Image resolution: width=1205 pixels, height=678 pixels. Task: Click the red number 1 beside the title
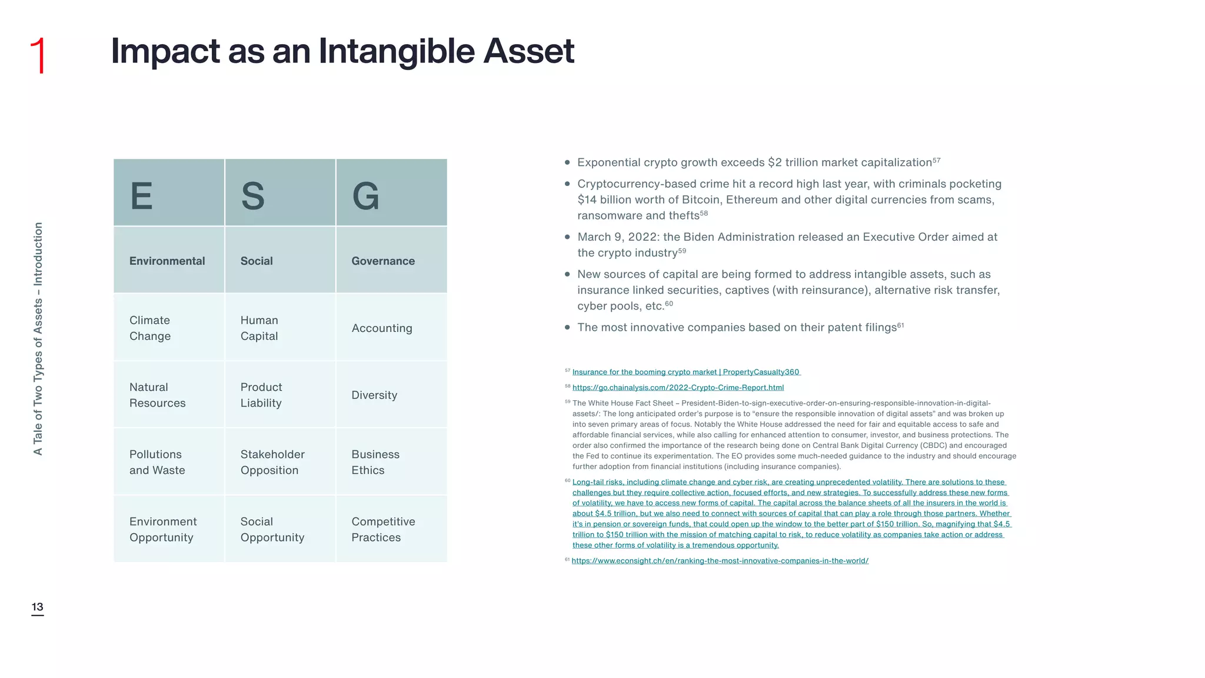tap(38, 55)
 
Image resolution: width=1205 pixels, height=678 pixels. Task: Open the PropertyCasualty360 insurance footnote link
tap(685, 372)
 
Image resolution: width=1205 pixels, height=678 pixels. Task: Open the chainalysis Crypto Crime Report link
tap(678, 388)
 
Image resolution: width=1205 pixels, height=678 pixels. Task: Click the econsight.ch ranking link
tap(720, 561)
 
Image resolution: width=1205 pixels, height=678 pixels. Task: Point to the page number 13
tap(38, 607)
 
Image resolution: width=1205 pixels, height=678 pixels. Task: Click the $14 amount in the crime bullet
tap(587, 200)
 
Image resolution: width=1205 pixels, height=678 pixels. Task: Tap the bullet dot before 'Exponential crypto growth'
tap(567, 162)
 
